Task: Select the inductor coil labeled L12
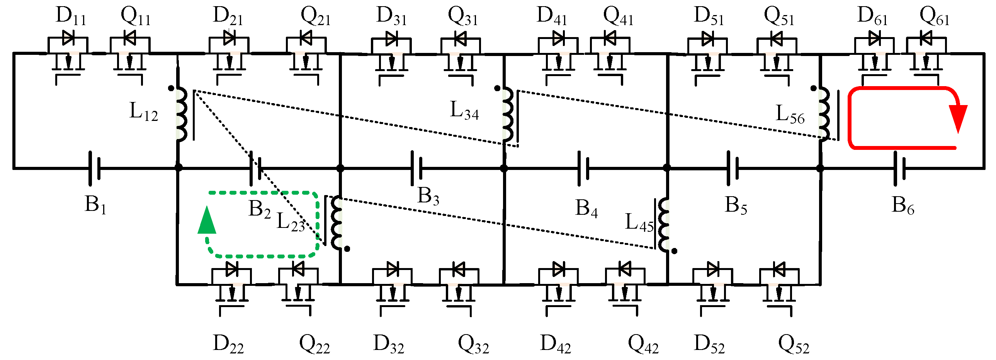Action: tap(182, 114)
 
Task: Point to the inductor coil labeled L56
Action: tap(824, 114)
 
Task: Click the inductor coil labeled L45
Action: tap(664, 225)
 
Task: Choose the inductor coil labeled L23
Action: tap(337, 223)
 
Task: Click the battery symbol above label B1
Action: tap(94, 168)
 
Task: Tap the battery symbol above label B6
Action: tap(899, 168)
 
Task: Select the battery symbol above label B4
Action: tap(583, 168)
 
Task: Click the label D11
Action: tap(71, 16)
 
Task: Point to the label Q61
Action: tap(934, 16)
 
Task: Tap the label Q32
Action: tap(473, 344)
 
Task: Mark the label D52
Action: tap(709, 344)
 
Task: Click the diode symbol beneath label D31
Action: tap(391, 39)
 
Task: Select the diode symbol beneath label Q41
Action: tap(610, 39)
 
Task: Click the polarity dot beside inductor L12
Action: tap(171, 88)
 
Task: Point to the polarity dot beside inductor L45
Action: tap(674, 251)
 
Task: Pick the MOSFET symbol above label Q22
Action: tap(298, 288)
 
